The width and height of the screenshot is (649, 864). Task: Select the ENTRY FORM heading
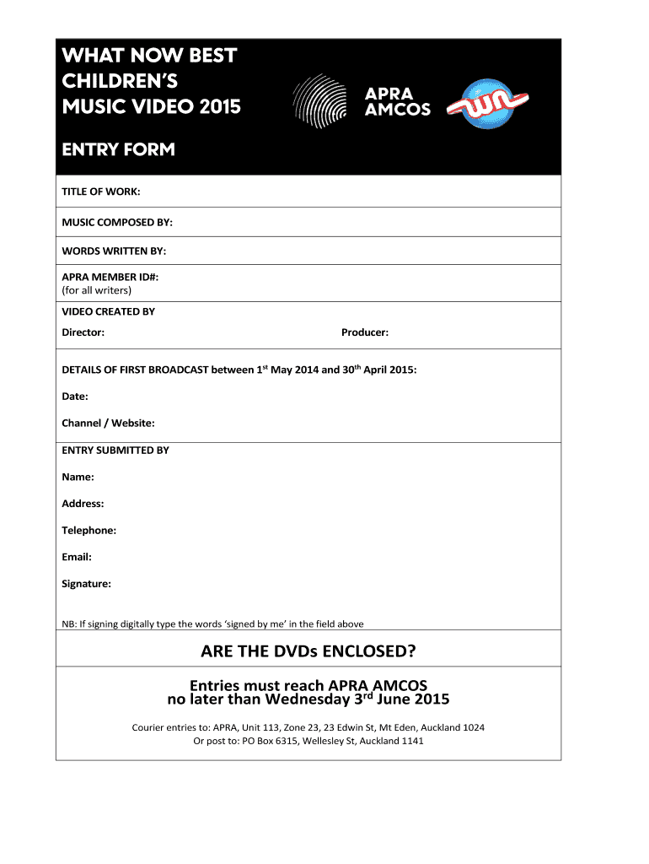[x=118, y=149]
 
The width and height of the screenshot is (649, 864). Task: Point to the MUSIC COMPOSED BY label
[x=117, y=222]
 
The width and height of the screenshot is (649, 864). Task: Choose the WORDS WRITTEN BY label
[x=114, y=251]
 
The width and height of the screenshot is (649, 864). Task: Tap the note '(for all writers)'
[x=96, y=290]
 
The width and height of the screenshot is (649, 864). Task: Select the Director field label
[x=83, y=332]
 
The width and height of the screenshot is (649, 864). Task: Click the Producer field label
[x=365, y=332]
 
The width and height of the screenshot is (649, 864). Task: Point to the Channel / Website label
[x=108, y=423]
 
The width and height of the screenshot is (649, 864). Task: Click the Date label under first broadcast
[x=75, y=396]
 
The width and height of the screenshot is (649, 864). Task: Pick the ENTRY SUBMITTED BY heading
[x=115, y=451]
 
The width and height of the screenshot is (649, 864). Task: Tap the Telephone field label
[x=89, y=530]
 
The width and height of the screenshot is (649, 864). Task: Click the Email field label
[x=77, y=557]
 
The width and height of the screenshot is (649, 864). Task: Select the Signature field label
[x=86, y=584]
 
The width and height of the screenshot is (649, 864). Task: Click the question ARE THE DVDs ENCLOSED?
[x=308, y=651]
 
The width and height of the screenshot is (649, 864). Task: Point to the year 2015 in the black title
[x=220, y=107]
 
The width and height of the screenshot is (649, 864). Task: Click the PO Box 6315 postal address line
[x=308, y=741]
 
